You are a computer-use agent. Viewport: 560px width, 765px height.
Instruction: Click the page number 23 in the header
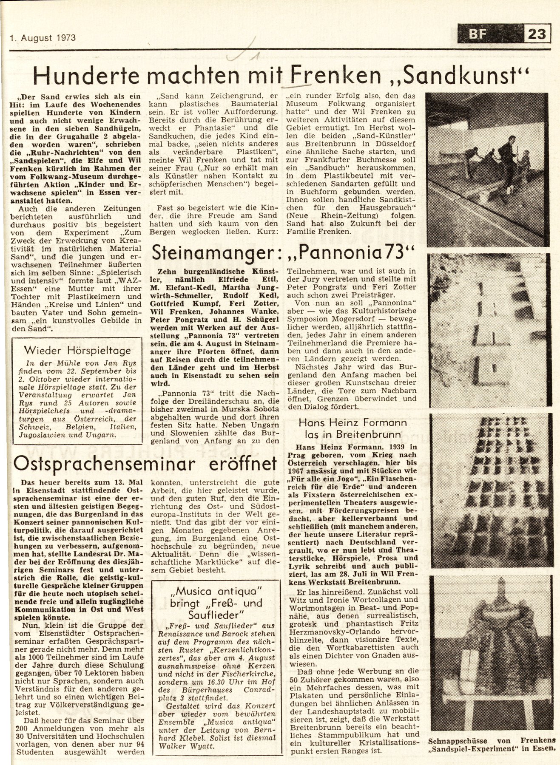pos(537,33)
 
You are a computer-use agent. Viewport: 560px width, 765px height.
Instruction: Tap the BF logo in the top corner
pos(477,34)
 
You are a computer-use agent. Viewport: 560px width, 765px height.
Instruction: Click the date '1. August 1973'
pos(43,37)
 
